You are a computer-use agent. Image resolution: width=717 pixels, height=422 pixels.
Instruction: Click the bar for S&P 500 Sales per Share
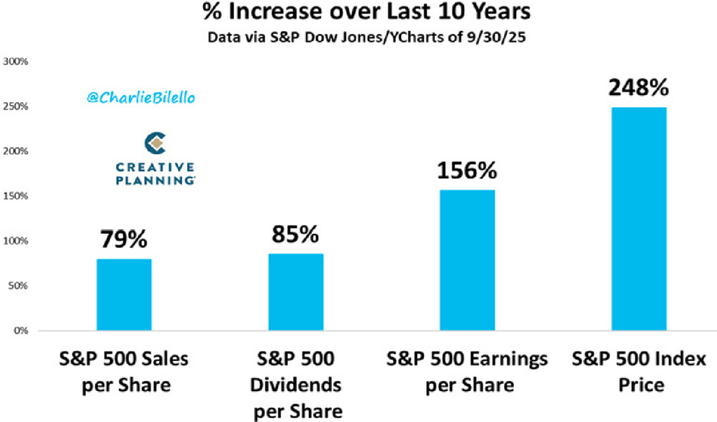click(124, 295)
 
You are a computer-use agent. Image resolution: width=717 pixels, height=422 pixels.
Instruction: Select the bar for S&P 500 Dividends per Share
click(295, 292)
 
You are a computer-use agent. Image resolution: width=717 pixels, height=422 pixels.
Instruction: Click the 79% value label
click(124, 239)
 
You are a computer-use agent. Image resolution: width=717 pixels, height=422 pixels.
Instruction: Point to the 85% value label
click(295, 234)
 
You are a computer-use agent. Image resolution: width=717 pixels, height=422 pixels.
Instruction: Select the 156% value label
click(467, 171)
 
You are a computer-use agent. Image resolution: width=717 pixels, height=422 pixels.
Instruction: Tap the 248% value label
click(639, 88)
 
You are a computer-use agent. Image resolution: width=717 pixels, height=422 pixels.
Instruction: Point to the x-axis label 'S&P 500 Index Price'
click(639, 372)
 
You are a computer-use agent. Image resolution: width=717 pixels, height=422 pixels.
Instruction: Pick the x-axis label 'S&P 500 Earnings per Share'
click(467, 372)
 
